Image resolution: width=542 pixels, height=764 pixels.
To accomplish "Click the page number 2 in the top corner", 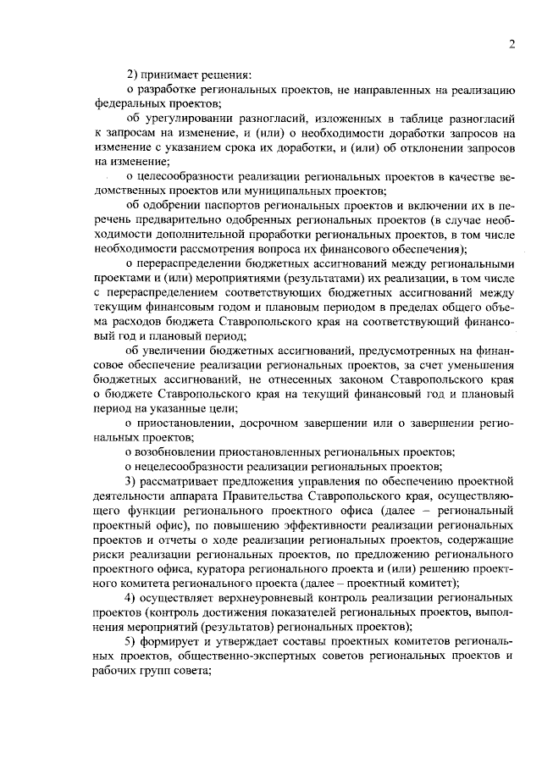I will click(512, 45).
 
